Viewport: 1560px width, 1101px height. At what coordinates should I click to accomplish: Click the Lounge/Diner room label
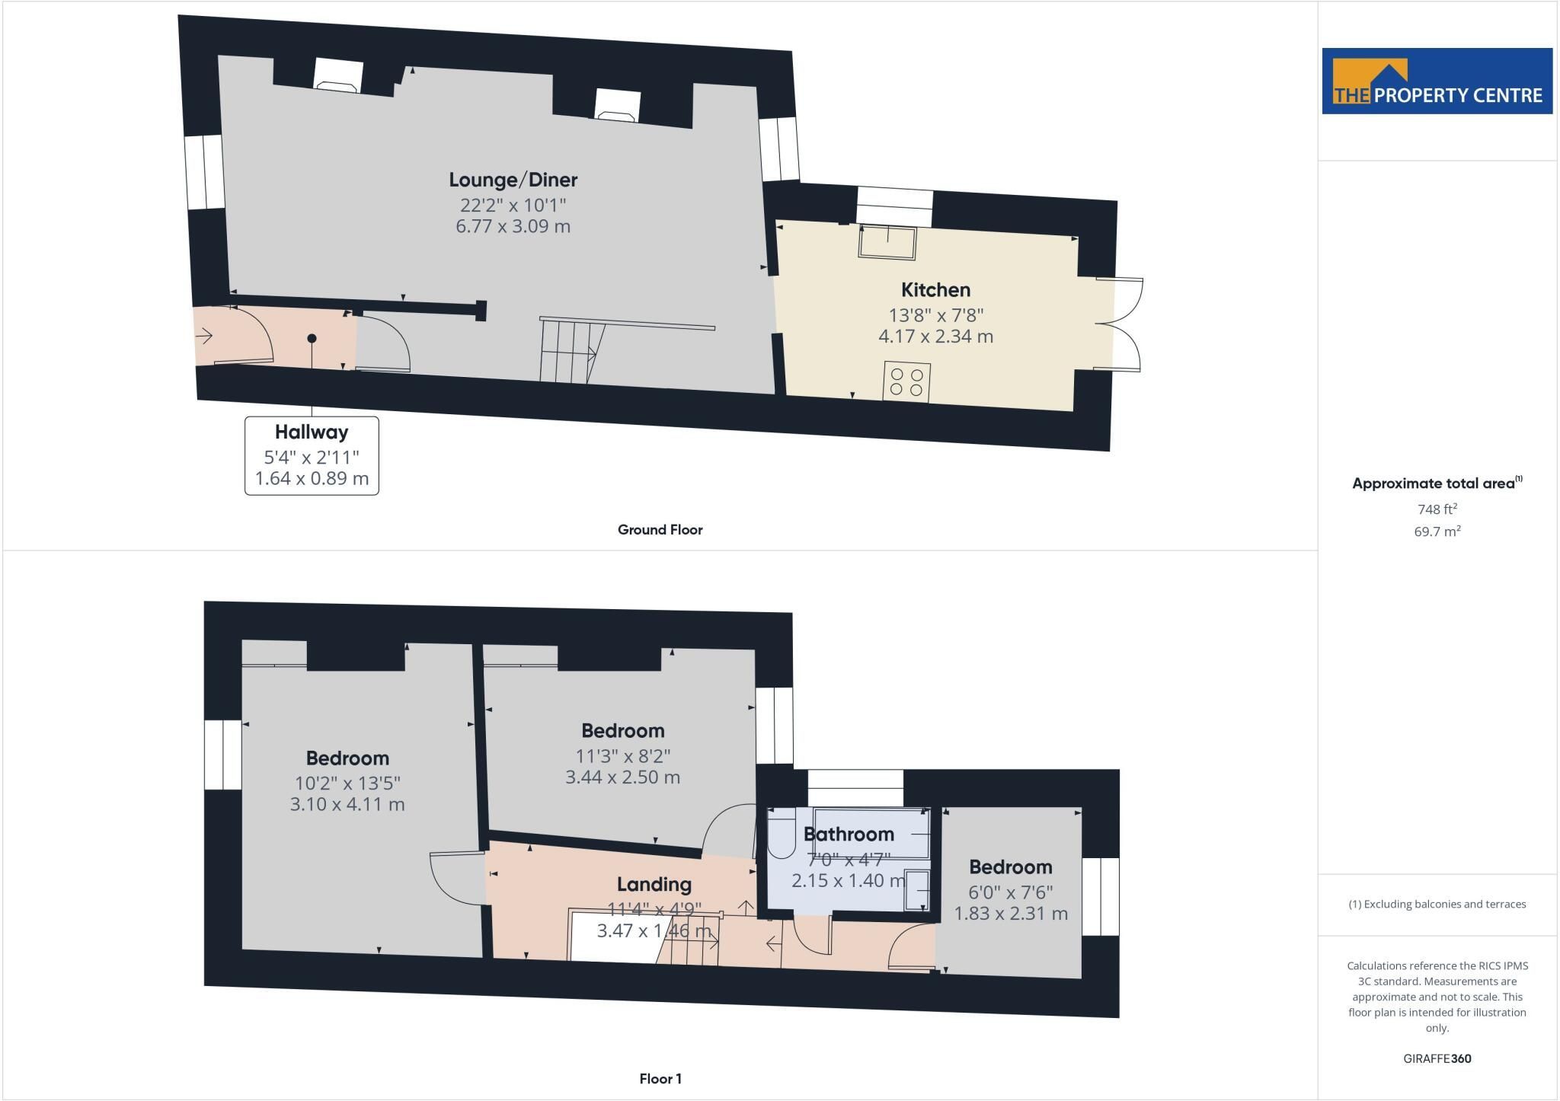coord(513,180)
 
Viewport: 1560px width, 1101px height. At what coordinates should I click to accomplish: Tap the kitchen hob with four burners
coord(906,381)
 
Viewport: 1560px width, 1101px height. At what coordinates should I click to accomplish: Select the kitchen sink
coord(888,242)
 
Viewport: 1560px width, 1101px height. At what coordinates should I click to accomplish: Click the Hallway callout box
coord(312,455)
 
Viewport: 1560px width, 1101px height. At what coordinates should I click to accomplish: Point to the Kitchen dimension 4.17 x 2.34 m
coord(935,337)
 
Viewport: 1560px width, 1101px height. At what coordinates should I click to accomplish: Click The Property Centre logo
coord(1437,81)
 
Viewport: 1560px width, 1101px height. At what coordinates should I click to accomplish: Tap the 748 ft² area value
coord(1437,509)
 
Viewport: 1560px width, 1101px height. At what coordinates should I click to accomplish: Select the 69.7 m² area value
coord(1437,531)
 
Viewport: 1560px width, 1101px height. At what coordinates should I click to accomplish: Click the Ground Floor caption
coord(660,530)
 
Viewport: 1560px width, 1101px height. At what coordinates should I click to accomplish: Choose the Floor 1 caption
coord(660,1079)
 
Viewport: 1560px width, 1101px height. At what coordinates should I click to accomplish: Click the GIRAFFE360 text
coord(1437,1058)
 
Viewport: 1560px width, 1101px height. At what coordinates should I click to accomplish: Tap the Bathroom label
coord(849,835)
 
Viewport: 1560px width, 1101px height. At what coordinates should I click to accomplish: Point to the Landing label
coord(654,885)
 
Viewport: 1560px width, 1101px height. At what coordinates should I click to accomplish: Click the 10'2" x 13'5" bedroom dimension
coord(347,783)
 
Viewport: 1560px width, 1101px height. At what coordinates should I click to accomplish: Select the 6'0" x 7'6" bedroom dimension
coord(1011,892)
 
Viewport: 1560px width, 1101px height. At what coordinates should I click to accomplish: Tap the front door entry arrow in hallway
coord(204,335)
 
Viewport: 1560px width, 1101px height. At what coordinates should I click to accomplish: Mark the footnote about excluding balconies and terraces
coord(1437,905)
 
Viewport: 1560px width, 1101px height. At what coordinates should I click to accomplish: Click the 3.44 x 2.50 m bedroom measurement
coord(622,777)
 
